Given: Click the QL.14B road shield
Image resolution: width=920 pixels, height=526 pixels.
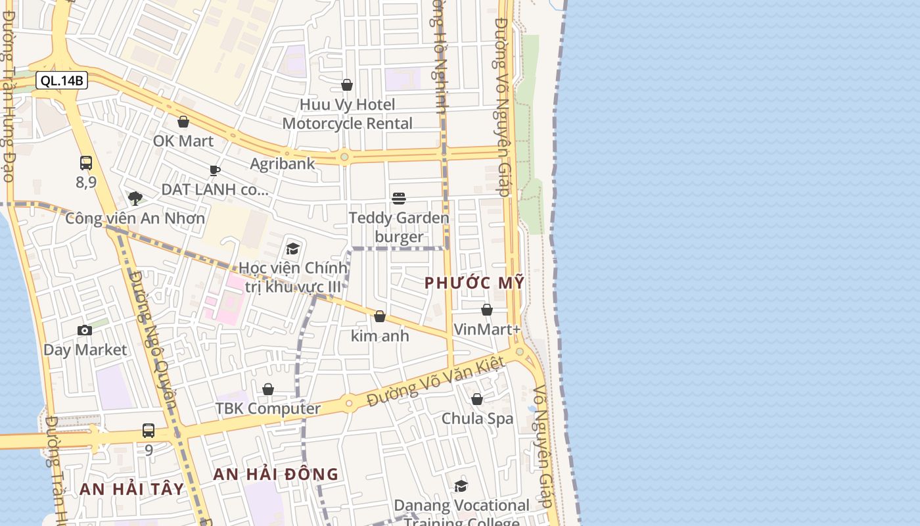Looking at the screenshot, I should pos(62,81).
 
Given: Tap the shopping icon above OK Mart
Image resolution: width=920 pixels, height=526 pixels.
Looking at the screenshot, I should pos(183,122).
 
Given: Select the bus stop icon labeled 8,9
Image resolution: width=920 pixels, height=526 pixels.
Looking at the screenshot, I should pos(86,163).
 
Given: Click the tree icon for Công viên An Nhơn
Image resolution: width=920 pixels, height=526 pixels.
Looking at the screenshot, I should pos(135,198).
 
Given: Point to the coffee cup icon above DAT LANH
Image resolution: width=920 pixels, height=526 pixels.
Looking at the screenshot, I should pos(215,171).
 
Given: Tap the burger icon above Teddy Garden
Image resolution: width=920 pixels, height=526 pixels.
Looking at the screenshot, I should pos(399,199).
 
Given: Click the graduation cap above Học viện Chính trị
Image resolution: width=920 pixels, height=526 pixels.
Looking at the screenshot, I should pos(292,249).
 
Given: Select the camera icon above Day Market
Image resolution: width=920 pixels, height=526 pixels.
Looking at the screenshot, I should pos(85,330).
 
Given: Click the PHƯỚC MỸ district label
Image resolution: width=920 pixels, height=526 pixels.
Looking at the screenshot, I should pos(474,283).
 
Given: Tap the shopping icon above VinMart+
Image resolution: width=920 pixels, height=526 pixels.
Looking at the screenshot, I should pos(487,310).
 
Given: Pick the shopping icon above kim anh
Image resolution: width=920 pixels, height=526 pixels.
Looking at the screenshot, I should pos(380,316).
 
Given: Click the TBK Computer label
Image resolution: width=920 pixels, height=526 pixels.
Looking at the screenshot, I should pos(268,408).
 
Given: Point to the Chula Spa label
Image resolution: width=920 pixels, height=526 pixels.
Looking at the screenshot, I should pos(477,418).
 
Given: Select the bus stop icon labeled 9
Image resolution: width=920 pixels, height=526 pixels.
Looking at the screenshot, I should pos(149,431).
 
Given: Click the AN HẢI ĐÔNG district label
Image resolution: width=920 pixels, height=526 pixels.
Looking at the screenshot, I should pos(276,474).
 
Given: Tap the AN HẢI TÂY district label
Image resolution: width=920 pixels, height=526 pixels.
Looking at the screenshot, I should pos(132,489).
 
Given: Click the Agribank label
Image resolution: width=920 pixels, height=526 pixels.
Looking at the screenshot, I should pos(283,163).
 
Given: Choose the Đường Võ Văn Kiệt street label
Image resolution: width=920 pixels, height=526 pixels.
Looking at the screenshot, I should pos(436,381).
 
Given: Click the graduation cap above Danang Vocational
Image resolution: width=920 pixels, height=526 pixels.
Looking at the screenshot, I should pos(461,486).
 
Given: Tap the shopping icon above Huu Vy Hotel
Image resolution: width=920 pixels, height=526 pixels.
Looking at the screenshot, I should pos(347,85).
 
